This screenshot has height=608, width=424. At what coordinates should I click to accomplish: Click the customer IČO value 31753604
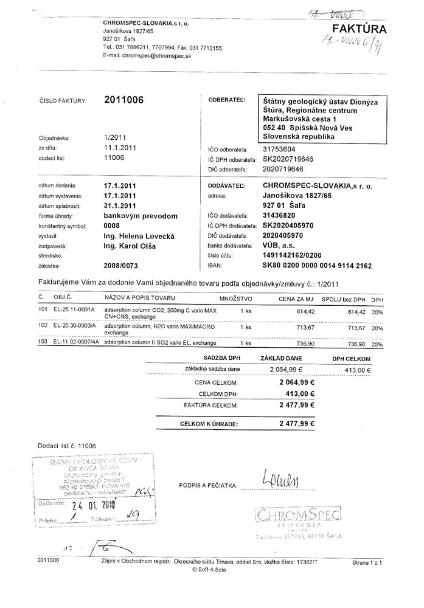click(x=279, y=148)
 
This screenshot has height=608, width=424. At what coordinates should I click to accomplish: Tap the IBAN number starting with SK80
click(x=316, y=266)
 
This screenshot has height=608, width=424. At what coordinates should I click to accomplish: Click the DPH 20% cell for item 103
click(x=377, y=344)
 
